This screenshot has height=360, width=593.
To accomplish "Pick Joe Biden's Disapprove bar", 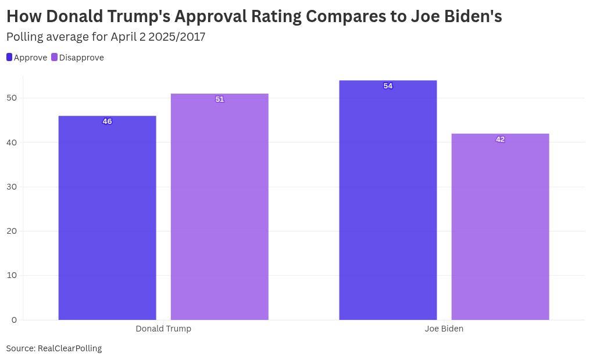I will [500, 227].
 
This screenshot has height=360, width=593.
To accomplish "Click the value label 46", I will [107, 122].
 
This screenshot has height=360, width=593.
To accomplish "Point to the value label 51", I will [219, 99].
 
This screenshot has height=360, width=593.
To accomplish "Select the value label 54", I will [388, 86].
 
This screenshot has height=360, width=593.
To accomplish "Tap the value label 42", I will [500, 140].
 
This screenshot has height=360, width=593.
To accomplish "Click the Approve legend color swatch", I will [9, 57].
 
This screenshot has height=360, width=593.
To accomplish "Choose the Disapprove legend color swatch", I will [55, 57].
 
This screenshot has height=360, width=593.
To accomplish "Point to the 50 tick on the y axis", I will [12, 98].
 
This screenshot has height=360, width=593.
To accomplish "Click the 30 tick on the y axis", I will [12, 187].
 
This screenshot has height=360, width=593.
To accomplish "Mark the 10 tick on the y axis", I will [12, 275].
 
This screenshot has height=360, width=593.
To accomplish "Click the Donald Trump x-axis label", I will [163, 329].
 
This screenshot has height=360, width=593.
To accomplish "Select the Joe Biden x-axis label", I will [444, 329].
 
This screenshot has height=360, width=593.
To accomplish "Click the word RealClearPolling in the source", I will [70, 348].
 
